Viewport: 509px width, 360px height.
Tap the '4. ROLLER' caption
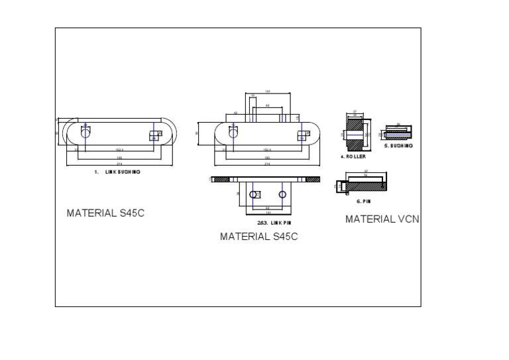pos(353,156)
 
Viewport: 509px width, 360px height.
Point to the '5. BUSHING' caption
pos(399,146)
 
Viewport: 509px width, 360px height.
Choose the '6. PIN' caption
pos(363,201)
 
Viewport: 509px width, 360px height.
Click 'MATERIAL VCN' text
pos(382,219)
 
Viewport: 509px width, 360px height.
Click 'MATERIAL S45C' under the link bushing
pos(105,213)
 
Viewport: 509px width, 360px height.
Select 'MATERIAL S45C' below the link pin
pos(258,237)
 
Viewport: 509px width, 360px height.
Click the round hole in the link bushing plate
pos(85,133)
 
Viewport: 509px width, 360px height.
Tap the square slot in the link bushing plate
pos(154,135)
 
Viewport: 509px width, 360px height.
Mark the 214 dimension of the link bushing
pos(119,164)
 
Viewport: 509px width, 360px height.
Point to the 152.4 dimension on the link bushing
pos(119,150)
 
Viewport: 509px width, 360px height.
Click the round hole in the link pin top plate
pos(233,133)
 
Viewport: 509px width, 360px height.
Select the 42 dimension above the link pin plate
pos(236,113)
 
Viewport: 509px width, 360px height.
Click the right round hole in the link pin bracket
pos(283,194)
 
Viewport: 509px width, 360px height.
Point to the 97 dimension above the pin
pos(366,171)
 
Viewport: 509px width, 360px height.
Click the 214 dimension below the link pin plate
pos(267,164)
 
